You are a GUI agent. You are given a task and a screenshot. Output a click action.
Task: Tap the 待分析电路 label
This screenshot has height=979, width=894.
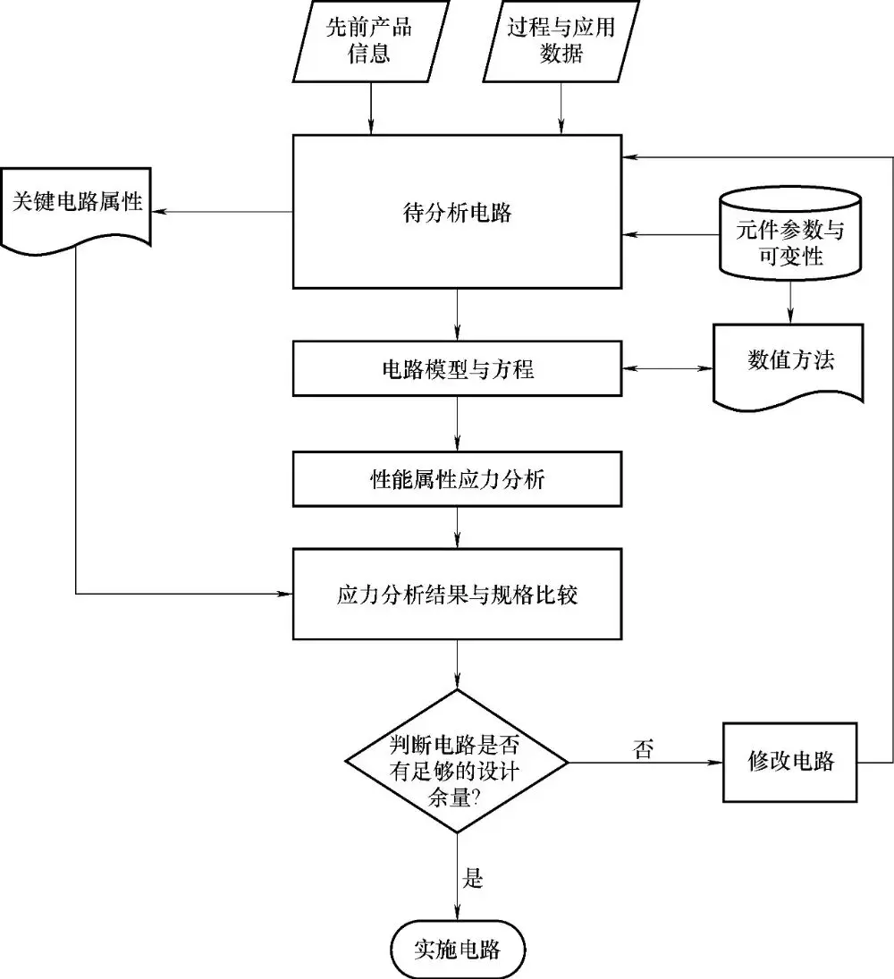(457, 213)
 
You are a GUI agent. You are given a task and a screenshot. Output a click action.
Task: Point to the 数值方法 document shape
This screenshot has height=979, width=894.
(789, 362)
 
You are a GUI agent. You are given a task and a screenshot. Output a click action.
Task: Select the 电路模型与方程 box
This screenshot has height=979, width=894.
(457, 368)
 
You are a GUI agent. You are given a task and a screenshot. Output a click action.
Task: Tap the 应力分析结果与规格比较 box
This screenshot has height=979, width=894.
(457, 594)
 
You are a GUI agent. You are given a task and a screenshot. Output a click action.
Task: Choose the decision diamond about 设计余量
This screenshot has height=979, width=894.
(457, 762)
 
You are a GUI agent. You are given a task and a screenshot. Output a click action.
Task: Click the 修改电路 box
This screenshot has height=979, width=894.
(790, 762)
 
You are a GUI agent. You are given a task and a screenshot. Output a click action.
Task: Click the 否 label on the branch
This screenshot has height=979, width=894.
(644, 749)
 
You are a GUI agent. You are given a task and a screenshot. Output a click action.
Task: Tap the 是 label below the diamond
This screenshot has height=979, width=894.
(473, 878)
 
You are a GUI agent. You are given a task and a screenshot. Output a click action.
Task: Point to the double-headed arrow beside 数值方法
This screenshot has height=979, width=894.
(667, 368)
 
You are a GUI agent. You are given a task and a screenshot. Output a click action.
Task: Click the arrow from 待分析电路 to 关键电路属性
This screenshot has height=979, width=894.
(223, 212)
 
